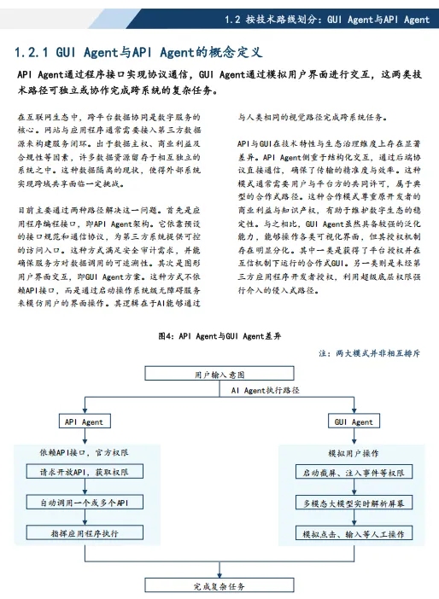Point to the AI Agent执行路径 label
coord(266,390)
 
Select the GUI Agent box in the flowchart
coord(354,422)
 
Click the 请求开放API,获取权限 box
coord(84,471)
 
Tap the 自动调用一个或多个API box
coord(84,503)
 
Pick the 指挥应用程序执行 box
coord(84,534)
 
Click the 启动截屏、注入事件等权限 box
coord(354,471)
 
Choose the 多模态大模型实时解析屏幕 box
coord(354,503)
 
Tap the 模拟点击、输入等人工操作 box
coord(354,534)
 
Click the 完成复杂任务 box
coord(219,586)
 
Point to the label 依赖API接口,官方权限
coord(84,452)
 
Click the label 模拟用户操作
coord(354,452)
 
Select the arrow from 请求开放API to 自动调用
coord(84,486)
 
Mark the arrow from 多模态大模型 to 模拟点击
coord(354,518)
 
